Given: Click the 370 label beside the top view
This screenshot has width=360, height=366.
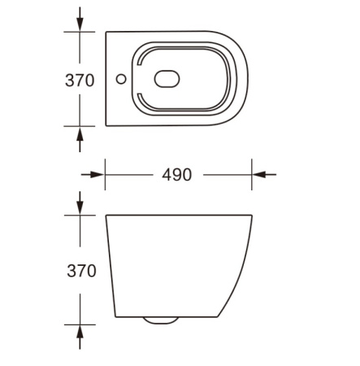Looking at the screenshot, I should coord(80,80).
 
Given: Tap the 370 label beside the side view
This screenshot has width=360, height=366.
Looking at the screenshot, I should coord(80,271).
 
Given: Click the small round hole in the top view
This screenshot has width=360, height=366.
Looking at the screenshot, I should coord(121,80).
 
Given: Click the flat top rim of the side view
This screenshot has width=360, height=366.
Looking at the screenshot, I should coord(179,216).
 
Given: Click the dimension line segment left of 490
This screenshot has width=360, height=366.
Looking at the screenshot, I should coord(130,174).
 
